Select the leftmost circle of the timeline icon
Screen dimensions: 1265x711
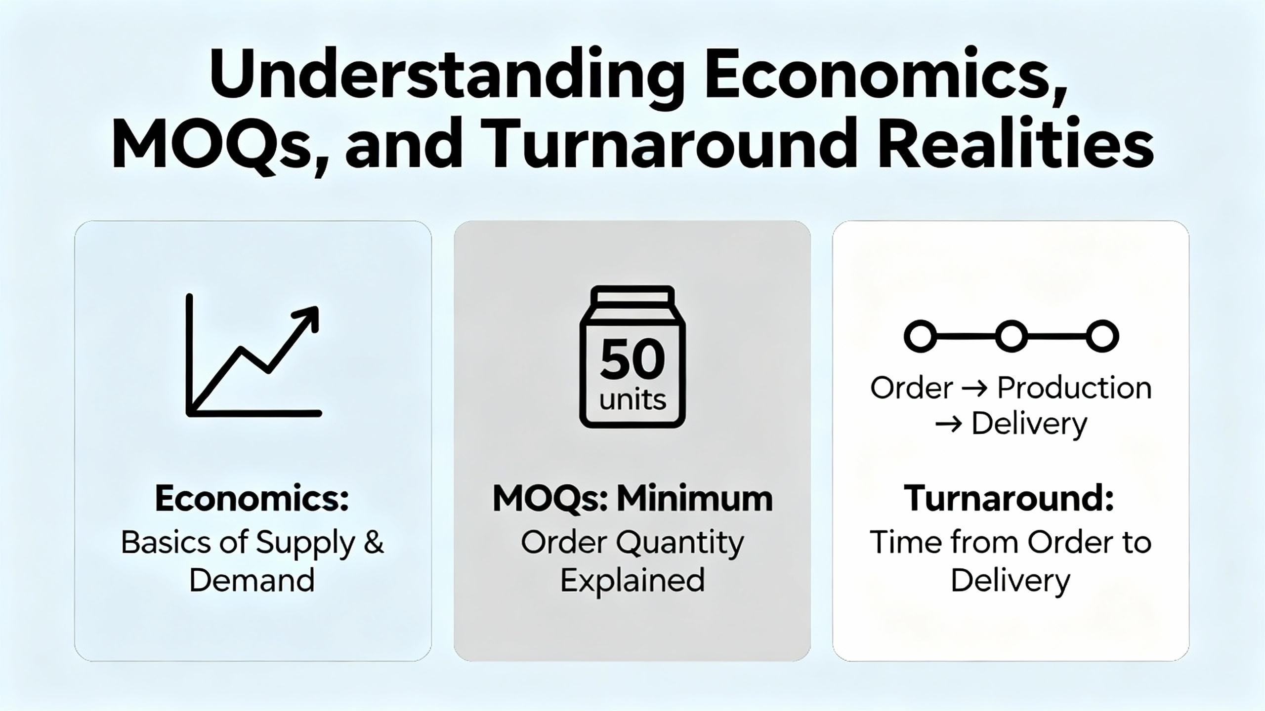[x=920, y=336]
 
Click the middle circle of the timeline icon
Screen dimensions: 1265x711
[x=1011, y=336]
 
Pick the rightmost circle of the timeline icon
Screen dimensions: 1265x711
[x=1102, y=336]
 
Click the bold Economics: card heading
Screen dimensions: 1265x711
[x=252, y=499]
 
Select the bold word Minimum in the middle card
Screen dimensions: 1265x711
[x=694, y=499]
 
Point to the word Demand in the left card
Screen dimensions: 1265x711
[x=252, y=580]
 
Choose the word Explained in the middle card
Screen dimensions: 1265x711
[x=632, y=581]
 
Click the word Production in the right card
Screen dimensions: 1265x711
[x=1074, y=388]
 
